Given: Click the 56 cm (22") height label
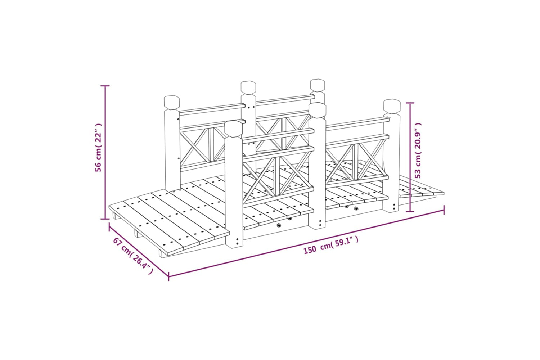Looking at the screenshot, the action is click(98, 148).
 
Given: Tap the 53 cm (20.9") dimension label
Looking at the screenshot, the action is click(418, 150).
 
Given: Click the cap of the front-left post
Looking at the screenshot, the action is click(233, 129).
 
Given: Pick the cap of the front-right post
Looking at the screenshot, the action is click(392, 106).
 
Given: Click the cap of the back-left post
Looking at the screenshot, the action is click(172, 103).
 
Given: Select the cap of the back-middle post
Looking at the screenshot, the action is click(248, 88).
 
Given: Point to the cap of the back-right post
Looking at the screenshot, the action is click(318, 85).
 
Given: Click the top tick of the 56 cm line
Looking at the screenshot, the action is click(105, 86).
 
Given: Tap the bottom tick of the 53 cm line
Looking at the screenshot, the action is click(410, 211).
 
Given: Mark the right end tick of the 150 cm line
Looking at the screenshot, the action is click(444, 210).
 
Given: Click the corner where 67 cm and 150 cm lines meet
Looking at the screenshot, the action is click(168, 276).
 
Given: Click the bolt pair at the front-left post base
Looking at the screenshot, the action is click(237, 241).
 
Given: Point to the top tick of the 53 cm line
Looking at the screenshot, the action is click(410, 103).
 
